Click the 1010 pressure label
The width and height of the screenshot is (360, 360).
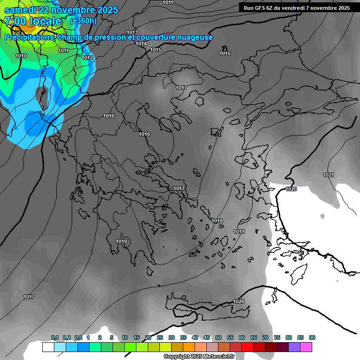[21, 56]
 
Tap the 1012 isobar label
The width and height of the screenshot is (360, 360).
[88, 58]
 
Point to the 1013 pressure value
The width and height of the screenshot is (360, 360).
[132, 32]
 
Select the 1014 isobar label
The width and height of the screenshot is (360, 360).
[141, 44]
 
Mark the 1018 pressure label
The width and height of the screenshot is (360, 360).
[217, 221]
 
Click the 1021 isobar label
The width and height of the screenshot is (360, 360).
[329, 175]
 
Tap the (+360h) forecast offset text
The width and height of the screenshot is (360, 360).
[83, 21]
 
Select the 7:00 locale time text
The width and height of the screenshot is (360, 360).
[33, 21]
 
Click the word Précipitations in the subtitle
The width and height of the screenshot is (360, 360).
[29, 37]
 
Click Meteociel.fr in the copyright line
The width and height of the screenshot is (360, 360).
[215, 357]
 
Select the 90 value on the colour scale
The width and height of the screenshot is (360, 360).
[312, 337]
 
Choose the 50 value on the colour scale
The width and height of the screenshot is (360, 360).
[218, 337]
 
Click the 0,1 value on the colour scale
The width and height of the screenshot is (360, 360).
[55, 337]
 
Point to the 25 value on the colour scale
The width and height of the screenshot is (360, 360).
[160, 337]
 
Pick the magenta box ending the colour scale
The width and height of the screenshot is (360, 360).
[306, 347]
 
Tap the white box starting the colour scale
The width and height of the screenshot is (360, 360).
[48, 347]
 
